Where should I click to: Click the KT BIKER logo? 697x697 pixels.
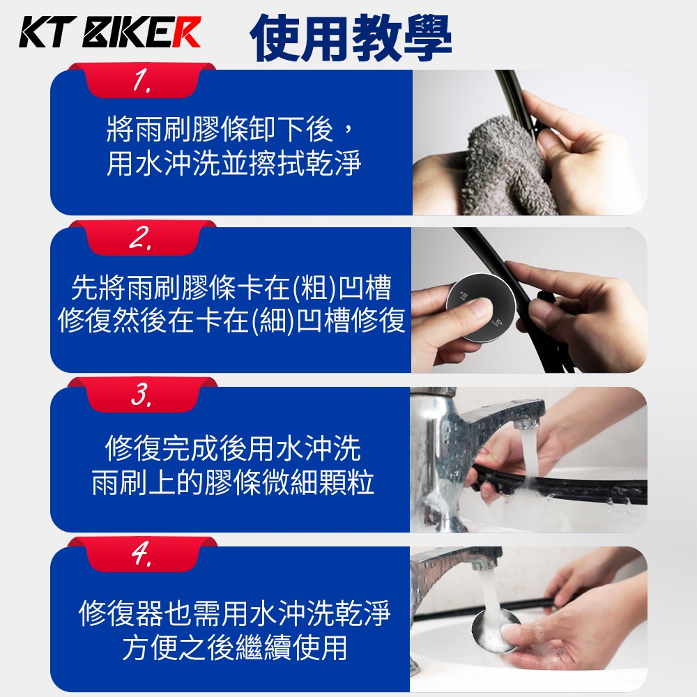point(110,32)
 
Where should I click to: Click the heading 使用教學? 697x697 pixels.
point(351,38)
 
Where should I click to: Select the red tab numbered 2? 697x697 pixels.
point(141,238)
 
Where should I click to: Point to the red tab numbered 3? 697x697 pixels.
point(141,395)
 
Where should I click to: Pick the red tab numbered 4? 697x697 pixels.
point(141,554)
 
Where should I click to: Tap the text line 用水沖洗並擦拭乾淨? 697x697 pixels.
point(233,164)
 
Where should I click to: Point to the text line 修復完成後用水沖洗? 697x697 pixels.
point(233,448)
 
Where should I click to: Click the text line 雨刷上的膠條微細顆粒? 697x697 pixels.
point(233,482)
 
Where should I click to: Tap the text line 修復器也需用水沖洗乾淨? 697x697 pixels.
point(234,613)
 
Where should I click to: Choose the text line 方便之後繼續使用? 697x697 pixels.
point(234,648)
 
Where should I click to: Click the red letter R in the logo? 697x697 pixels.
point(186,32)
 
